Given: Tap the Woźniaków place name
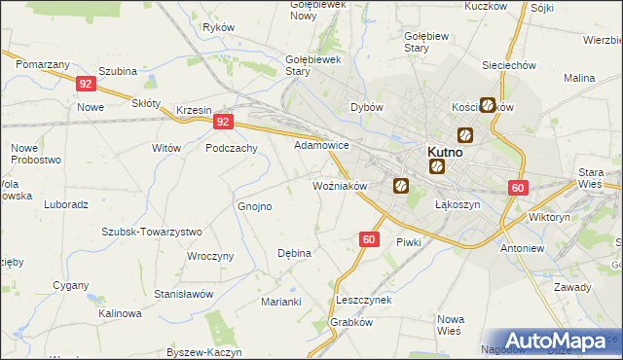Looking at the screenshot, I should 338,185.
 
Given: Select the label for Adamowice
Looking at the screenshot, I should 321,144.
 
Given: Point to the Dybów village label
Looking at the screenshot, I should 367,107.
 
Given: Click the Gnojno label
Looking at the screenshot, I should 255,206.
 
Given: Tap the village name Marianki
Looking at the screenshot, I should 280,302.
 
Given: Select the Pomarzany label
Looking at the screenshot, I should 42,63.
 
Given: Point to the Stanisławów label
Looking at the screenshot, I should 183,293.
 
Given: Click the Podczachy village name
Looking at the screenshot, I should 231,148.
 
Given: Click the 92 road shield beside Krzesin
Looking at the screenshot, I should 224,123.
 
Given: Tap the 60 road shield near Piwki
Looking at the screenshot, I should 368,238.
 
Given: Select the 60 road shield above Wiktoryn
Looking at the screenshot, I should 517,189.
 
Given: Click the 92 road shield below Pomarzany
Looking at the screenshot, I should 85,85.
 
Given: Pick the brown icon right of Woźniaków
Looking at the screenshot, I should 400,185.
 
